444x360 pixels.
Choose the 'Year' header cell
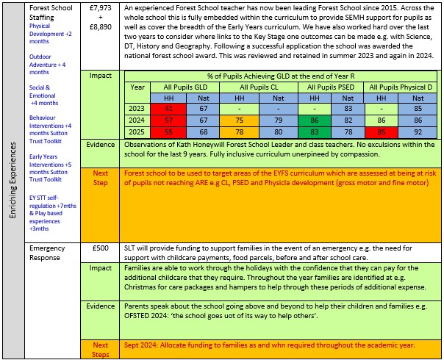[x=137, y=87]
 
